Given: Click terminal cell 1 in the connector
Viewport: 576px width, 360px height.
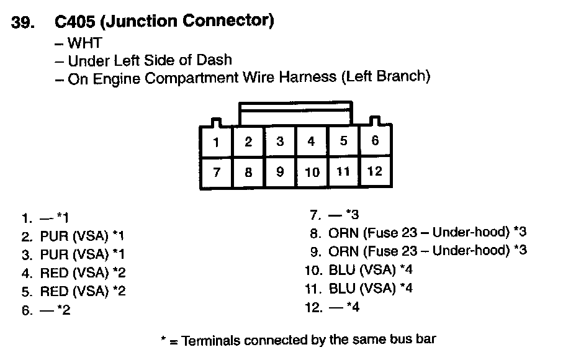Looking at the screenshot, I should (216, 143).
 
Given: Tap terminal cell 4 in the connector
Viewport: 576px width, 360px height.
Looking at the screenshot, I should (311, 142).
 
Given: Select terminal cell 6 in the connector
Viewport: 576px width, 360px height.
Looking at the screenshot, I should (375, 141).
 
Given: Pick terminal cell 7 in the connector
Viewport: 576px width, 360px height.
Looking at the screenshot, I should (216, 172).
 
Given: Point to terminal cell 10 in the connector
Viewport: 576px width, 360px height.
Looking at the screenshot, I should (312, 172).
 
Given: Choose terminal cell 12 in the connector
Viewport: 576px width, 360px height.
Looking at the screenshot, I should (375, 171).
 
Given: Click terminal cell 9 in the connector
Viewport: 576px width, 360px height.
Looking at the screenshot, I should (280, 172).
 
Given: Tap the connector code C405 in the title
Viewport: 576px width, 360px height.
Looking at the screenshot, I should (74, 22).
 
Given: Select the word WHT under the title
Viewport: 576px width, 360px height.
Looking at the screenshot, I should (85, 43).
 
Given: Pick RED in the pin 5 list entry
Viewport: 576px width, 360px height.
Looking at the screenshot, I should (53, 291).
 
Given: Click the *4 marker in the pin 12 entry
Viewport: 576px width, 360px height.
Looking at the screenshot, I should (353, 307).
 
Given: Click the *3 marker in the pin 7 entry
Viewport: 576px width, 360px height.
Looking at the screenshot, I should (353, 215).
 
